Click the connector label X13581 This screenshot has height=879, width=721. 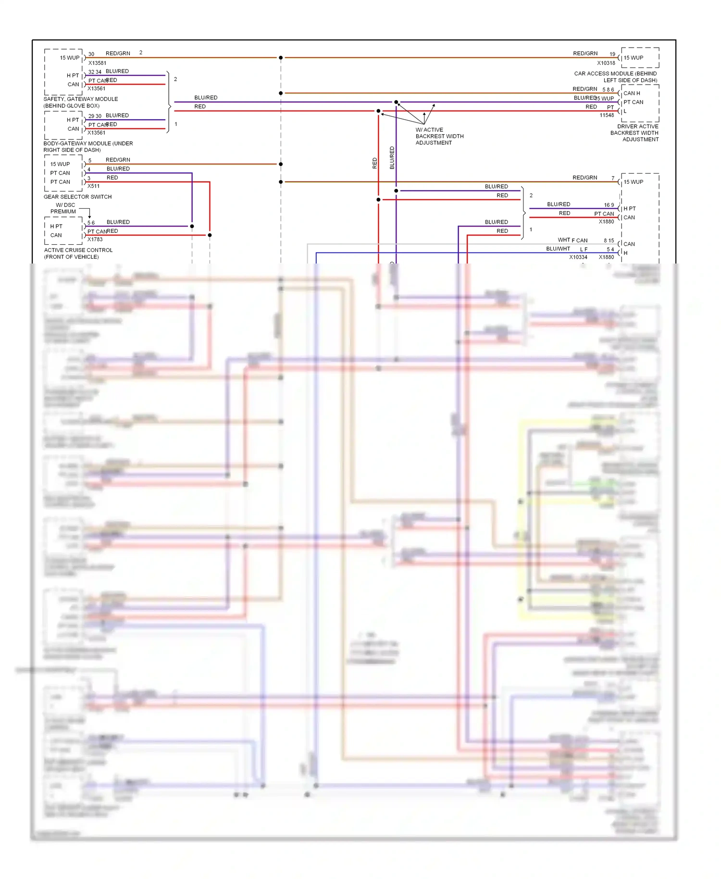(97, 63)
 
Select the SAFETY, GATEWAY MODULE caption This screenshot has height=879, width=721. (81, 102)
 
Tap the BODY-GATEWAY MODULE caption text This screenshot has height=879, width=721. (88, 147)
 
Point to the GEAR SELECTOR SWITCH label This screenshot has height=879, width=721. (77, 197)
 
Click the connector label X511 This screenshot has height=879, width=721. (94, 186)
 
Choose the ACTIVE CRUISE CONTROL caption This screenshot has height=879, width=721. (78, 253)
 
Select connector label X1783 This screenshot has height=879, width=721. (95, 239)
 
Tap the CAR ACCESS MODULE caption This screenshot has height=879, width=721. (615, 77)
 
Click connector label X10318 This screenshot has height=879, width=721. (606, 63)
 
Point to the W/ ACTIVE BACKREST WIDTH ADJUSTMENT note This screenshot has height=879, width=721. (439, 137)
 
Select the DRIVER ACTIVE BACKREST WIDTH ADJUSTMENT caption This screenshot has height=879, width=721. (634, 133)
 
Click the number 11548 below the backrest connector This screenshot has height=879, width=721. (607, 115)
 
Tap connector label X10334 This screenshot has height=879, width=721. (578, 257)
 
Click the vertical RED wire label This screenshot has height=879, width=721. (375, 163)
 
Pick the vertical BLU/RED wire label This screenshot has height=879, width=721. (392, 158)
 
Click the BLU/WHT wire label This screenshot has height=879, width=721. (558, 249)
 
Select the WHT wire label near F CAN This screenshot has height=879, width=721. (563, 240)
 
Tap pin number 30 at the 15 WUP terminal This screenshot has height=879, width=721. (91, 54)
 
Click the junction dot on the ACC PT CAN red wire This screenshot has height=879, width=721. (210, 235)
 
